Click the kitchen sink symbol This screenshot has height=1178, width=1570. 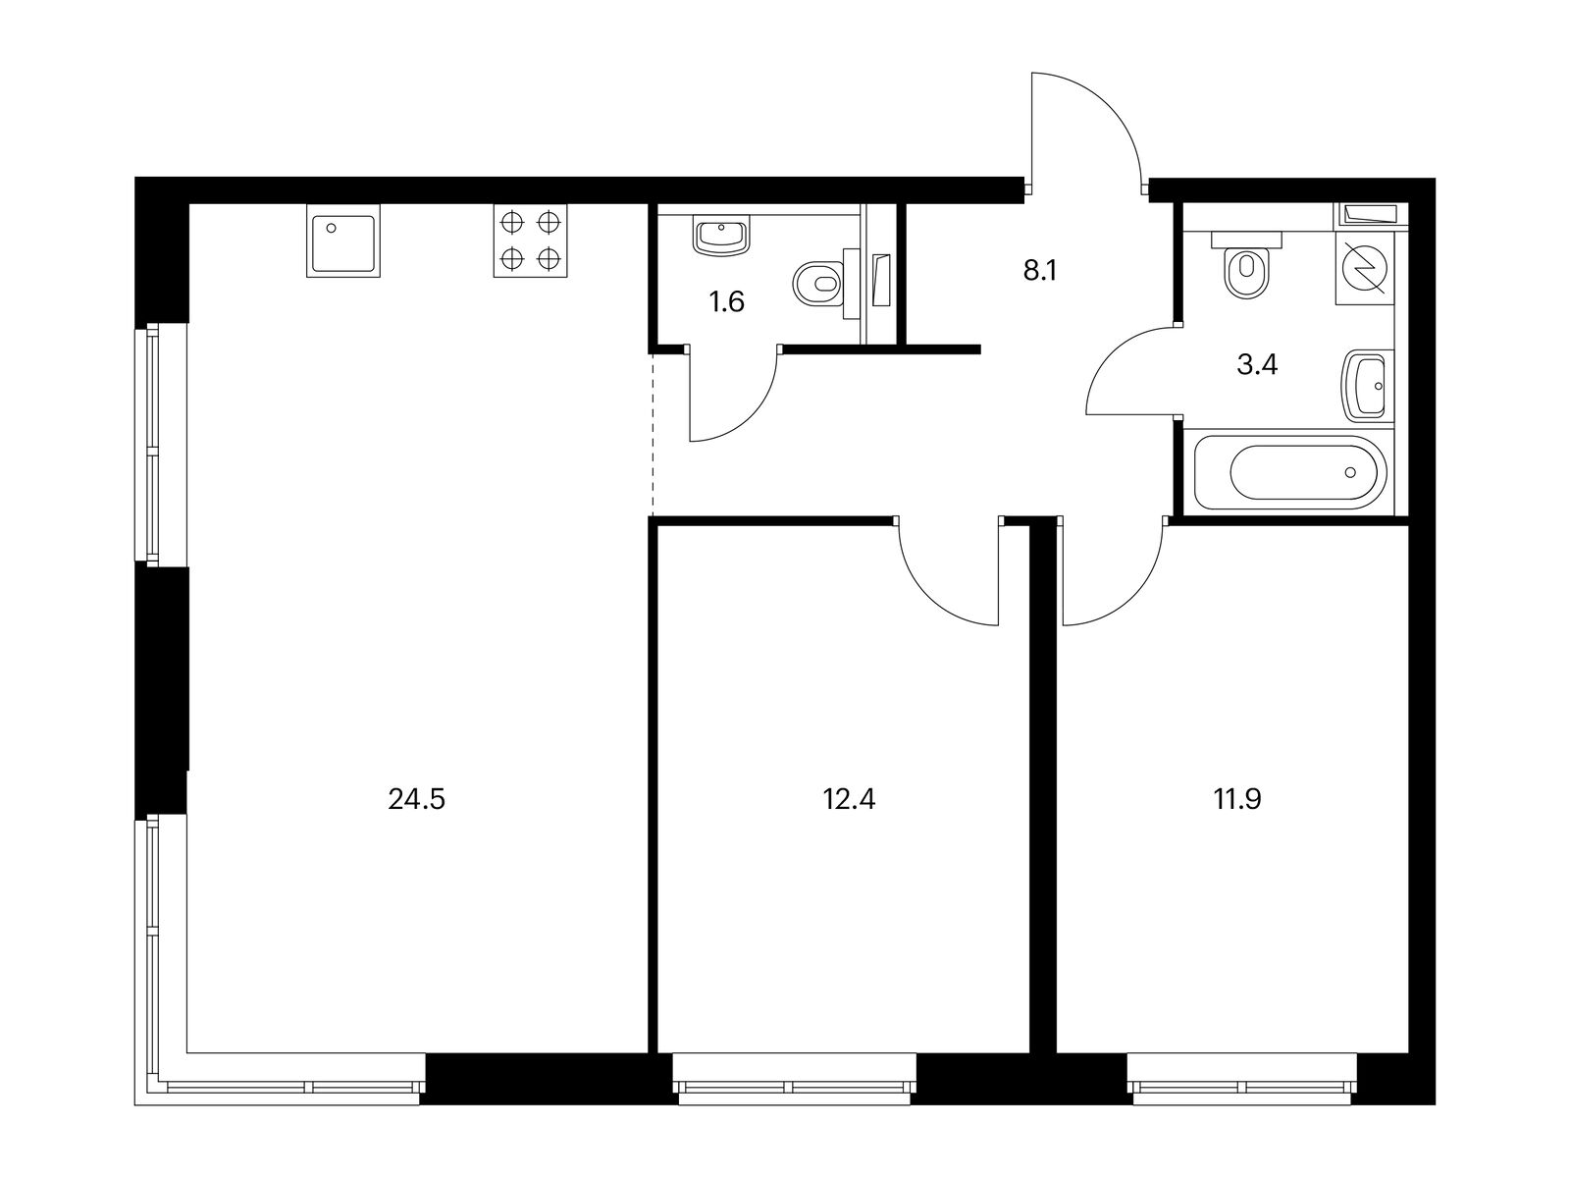[342, 241]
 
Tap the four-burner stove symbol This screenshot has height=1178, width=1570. [531, 241]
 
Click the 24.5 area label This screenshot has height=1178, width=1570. [417, 800]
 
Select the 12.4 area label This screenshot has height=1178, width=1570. [849, 800]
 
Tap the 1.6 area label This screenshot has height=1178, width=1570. [727, 302]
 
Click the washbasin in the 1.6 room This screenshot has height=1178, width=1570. [721, 237]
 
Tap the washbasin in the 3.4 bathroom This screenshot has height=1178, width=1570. [1367, 386]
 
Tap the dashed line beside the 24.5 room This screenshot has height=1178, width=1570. [653, 432]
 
